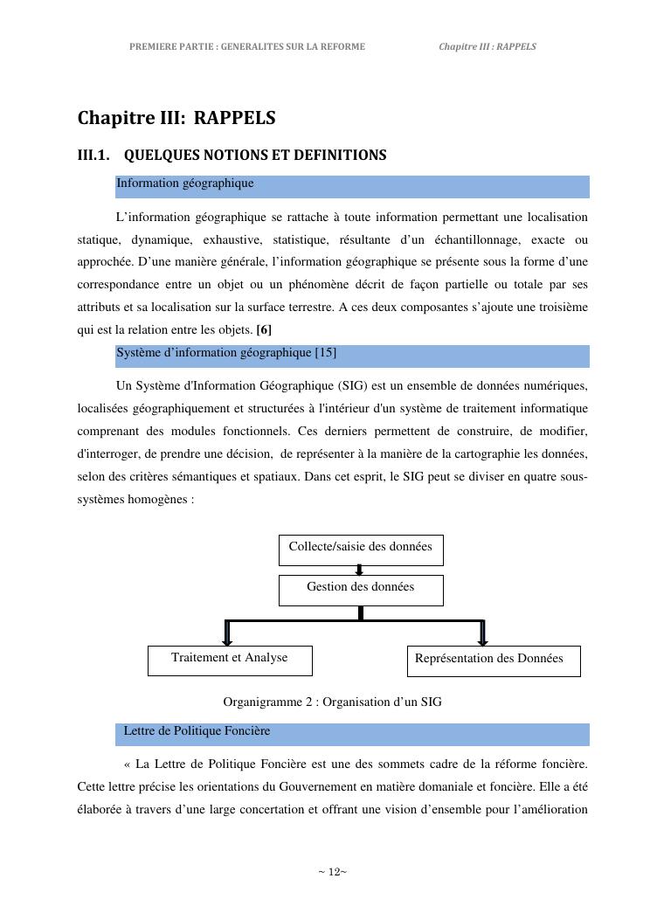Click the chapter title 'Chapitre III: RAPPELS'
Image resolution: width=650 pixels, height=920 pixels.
click(x=176, y=118)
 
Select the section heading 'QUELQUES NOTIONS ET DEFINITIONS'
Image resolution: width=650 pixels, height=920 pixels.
click(x=255, y=156)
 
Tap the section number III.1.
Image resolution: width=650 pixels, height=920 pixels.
click(x=93, y=156)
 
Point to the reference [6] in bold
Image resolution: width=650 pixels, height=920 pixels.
click(x=264, y=330)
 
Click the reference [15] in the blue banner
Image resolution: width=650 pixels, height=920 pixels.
click(x=325, y=353)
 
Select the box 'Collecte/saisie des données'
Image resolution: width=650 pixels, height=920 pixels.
click(x=361, y=549)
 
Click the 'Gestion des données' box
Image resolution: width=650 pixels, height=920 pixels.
click(x=361, y=589)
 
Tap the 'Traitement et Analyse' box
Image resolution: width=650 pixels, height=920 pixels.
click(x=230, y=660)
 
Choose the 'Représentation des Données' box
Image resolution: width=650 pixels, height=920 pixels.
click(x=493, y=660)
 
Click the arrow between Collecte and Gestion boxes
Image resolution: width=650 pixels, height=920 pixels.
click(x=359, y=570)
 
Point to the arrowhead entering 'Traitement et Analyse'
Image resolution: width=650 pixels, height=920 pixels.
click(x=228, y=640)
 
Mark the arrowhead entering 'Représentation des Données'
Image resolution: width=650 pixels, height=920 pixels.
click(x=483, y=640)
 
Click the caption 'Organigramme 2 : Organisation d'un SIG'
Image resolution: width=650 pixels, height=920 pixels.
click(x=332, y=702)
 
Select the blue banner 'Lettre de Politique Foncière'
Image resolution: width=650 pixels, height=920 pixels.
click(x=352, y=733)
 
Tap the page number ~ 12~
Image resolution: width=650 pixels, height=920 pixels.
click(x=332, y=872)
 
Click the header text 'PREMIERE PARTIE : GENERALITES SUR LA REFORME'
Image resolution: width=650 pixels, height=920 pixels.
click(x=247, y=46)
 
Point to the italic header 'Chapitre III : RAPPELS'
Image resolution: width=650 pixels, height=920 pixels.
click(x=487, y=46)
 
